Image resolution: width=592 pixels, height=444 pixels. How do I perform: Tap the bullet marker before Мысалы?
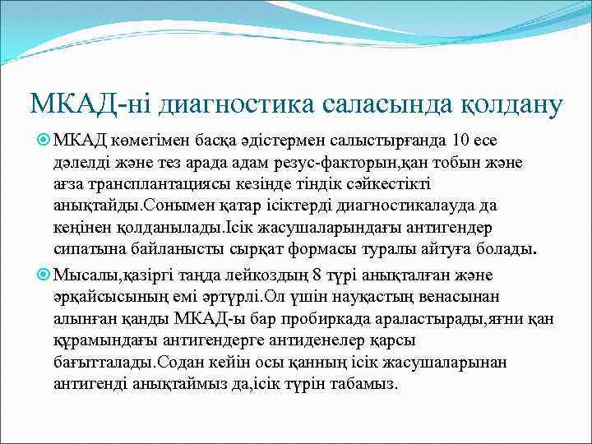point(44,275)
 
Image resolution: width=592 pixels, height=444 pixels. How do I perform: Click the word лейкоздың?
point(290,275)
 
